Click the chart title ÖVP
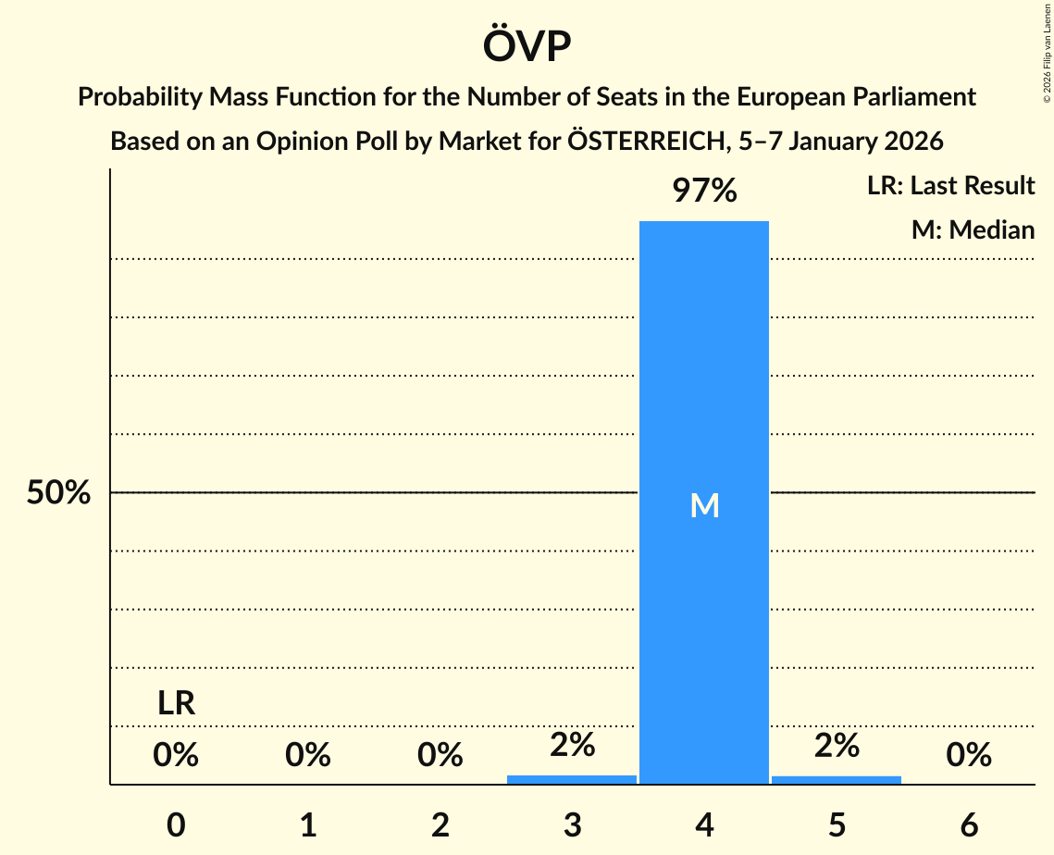pyautogui.click(x=527, y=47)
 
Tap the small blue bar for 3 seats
pyautogui.click(x=572, y=779)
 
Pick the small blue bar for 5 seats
pyautogui.click(x=837, y=779)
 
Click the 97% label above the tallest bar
pyautogui.click(x=704, y=192)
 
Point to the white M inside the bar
pyautogui.click(x=704, y=505)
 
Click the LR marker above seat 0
pyautogui.click(x=176, y=704)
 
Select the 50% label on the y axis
pyautogui.click(x=58, y=493)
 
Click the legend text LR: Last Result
pyautogui.click(x=950, y=186)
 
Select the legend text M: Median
pyautogui.click(x=973, y=229)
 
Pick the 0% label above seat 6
pyautogui.click(x=969, y=756)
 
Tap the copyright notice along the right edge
pyautogui.click(x=1046, y=56)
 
